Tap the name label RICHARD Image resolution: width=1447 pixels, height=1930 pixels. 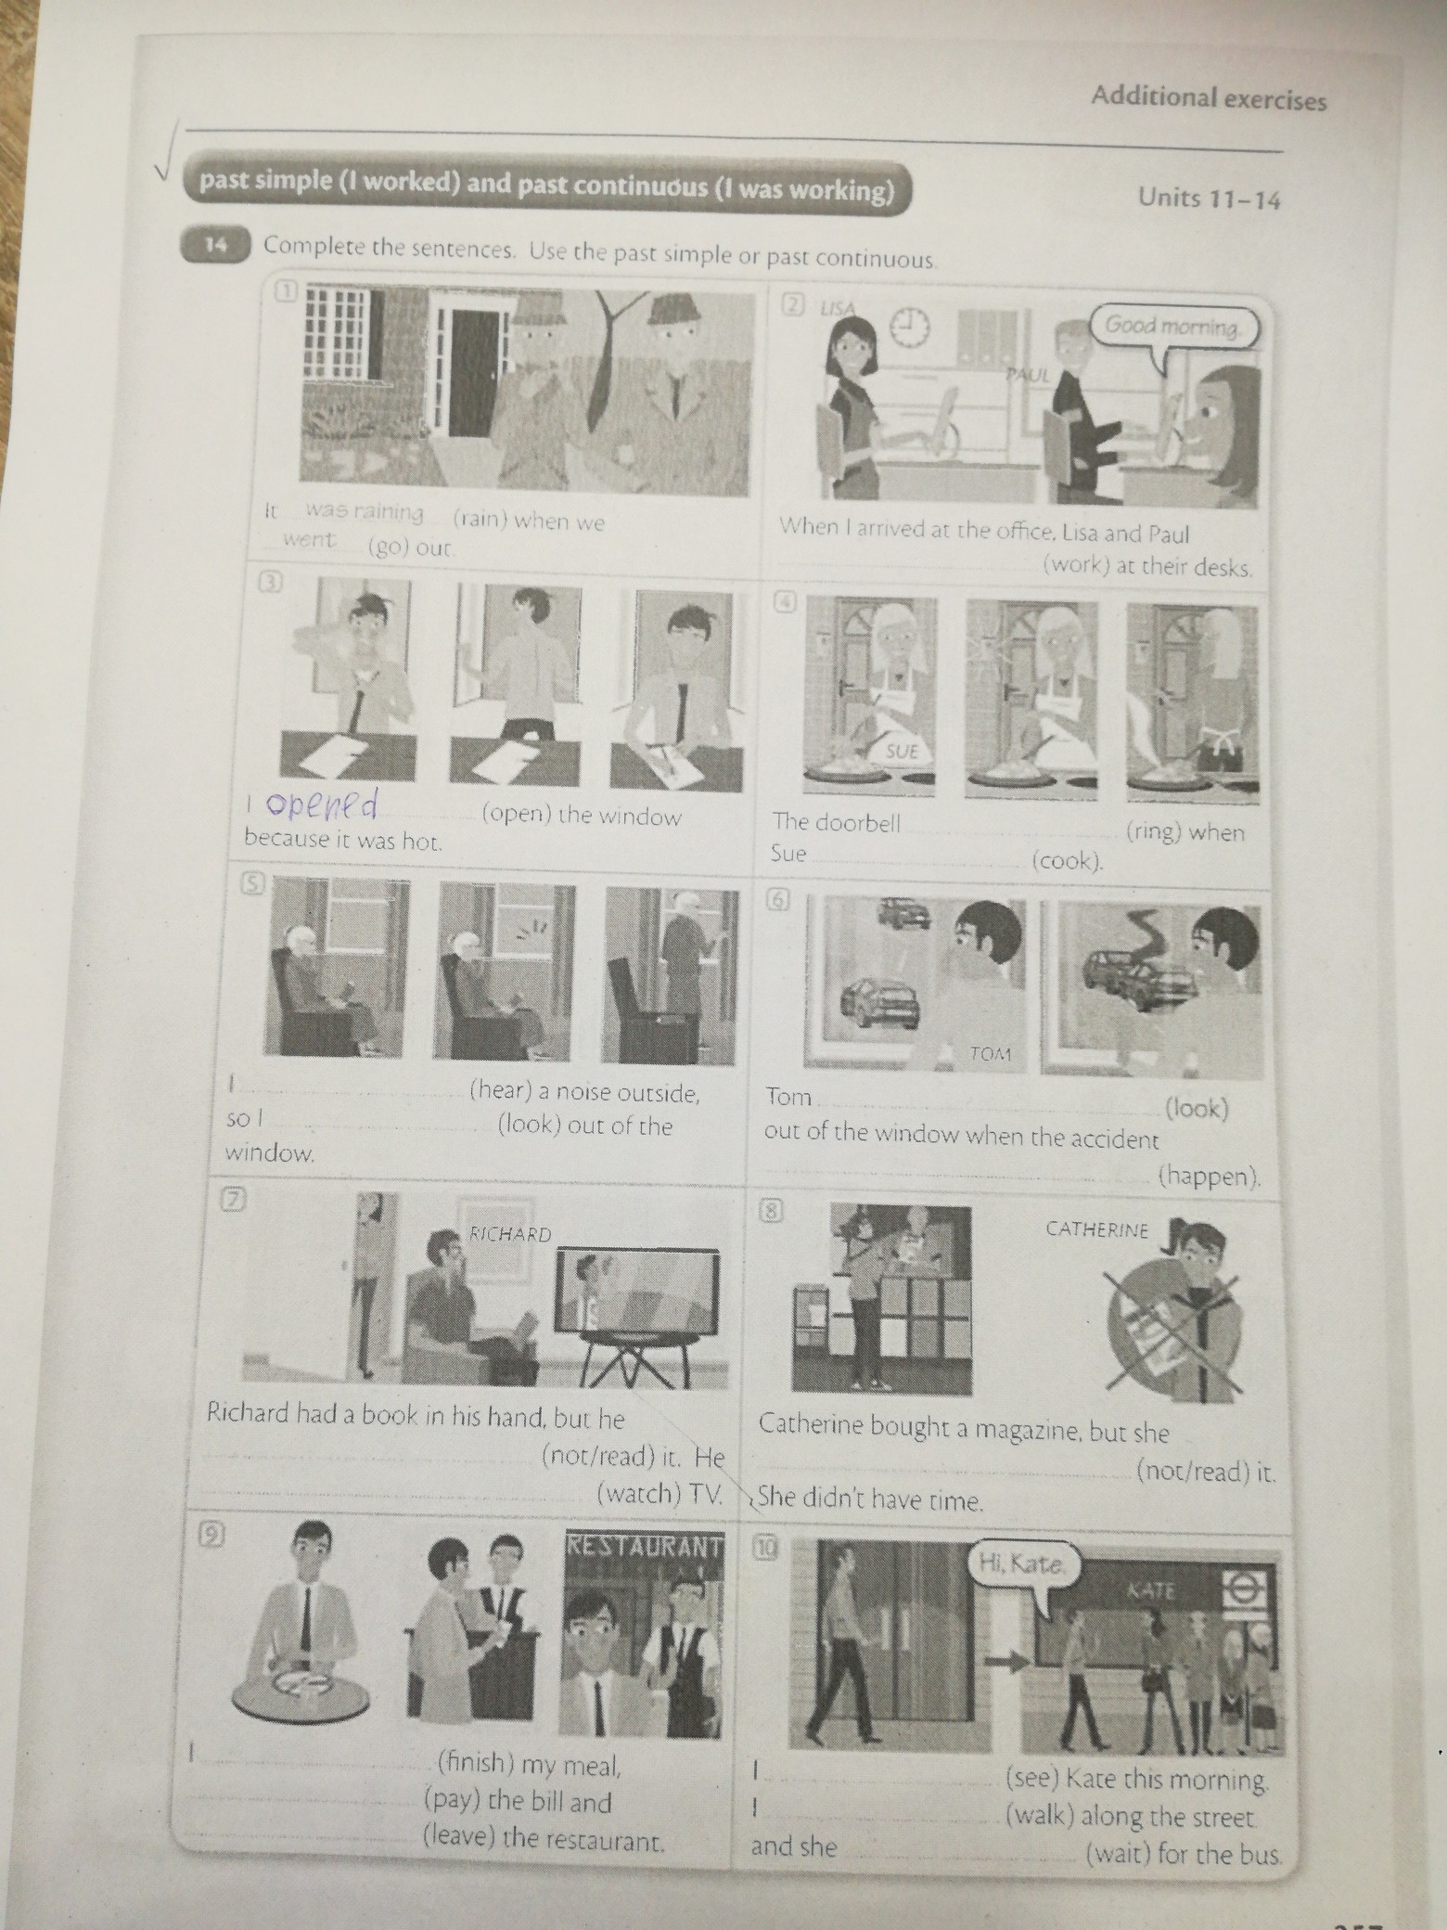click(x=511, y=1234)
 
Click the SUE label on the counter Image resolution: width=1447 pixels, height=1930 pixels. click(x=900, y=751)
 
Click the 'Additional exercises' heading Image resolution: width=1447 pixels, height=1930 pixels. click(x=1209, y=99)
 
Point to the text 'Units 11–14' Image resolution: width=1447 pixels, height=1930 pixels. click(x=1208, y=198)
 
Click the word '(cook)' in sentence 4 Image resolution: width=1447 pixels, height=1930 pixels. click(x=1068, y=860)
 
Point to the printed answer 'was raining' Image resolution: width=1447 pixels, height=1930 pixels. click(x=364, y=512)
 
